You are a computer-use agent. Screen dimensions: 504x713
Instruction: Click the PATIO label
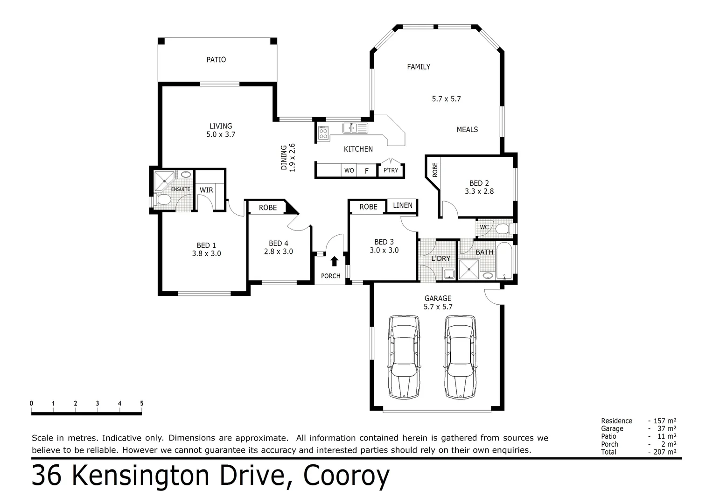click(216, 60)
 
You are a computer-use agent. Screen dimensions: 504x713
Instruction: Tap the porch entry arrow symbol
click(334, 261)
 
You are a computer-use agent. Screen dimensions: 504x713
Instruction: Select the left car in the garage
click(404, 357)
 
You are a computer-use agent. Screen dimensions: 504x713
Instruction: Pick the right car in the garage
click(460, 357)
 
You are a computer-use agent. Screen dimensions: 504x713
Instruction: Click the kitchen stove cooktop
click(323, 133)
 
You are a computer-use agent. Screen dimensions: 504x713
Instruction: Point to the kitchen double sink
click(355, 128)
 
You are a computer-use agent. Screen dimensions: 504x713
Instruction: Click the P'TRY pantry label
click(391, 170)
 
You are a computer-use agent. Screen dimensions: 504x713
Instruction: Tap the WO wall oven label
click(349, 171)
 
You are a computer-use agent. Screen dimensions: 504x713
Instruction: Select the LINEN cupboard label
click(402, 205)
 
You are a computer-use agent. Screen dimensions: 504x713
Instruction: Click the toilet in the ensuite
click(163, 200)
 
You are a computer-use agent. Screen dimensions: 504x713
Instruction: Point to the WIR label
click(206, 190)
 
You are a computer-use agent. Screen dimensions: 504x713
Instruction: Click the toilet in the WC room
click(502, 229)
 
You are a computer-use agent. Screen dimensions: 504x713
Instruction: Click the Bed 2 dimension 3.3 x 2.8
click(479, 191)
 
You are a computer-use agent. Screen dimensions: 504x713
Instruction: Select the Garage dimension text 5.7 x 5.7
click(438, 307)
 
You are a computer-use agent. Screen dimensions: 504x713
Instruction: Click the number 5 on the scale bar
click(141, 404)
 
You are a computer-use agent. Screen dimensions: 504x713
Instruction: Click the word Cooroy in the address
click(346, 476)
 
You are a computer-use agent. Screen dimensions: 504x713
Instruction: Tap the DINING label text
click(284, 157)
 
